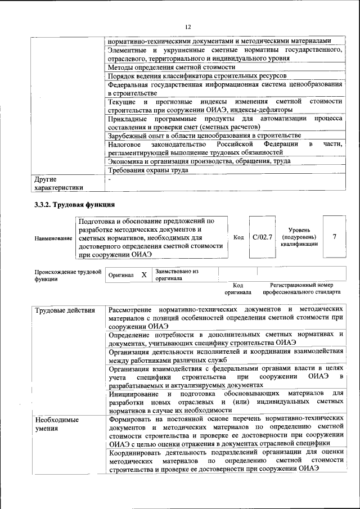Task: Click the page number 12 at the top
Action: click(x=188, y=26)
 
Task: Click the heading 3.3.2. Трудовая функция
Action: click(x=75, y=204)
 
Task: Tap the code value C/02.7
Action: click(x=262, y=237)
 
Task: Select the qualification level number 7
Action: click(x=335, y=237)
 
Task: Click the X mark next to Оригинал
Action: click(x=143, y=274)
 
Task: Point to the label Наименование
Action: click(x=53, y=238)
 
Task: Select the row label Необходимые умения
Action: click(x=57, y=425)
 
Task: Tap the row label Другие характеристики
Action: click(x=58, y=184)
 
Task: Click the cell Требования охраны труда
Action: click(x=148, y=170)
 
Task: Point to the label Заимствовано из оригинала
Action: click(x=177, y=274)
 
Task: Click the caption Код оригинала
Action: click(x=238, y=289)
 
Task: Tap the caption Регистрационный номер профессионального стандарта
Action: click(x=301, y=289)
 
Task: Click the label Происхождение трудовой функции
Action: click(x=67, y=274)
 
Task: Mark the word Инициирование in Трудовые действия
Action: click(x=135, y=393)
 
